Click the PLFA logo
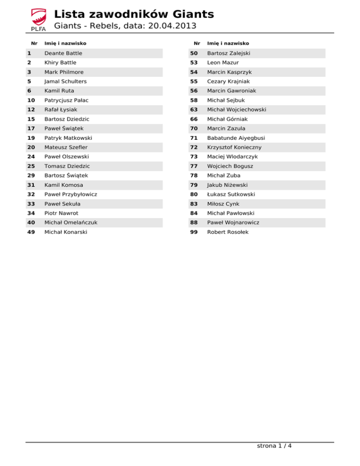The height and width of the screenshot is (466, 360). tap(37, 20)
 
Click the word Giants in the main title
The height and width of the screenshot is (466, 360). tap(191, 14)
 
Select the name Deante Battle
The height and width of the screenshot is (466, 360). tap(63, 53)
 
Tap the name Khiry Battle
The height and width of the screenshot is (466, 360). tap(60, 63)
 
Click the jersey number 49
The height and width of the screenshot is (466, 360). tap(31, 232)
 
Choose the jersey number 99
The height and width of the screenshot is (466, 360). tap(194, 232)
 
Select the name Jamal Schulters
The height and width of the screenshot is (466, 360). tap(66, 82)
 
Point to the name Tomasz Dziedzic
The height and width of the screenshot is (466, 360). tap(67, 166)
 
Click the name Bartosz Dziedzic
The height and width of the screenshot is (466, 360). tap(67, 119)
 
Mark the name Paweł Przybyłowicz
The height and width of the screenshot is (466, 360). tap(71, 194)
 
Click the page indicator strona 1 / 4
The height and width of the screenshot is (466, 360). tap(274, 446)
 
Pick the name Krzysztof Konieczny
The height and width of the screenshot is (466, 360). tap(234, 147)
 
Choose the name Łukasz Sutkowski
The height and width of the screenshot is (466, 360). tap(231, 194)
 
